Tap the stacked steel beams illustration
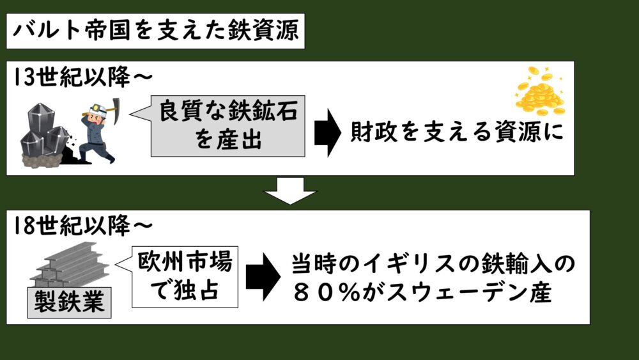click(x=67, y=265)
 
